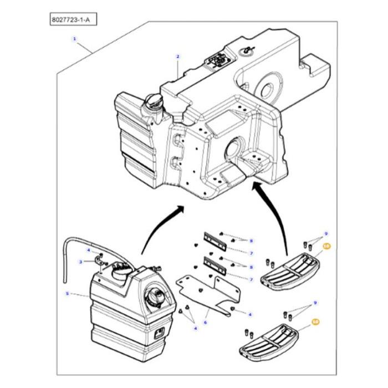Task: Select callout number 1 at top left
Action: click(74, 39)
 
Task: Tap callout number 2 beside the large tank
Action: click(177, 57)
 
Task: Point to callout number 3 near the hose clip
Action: click(81, 262)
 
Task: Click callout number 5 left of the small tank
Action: click(68, 294)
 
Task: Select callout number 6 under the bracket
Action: click(205, 322)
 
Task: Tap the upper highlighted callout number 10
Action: click(326, 245)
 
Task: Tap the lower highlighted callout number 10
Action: click(315, 321)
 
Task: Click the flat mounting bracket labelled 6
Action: click(205, 291)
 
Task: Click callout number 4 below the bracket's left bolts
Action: click(195, 329)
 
